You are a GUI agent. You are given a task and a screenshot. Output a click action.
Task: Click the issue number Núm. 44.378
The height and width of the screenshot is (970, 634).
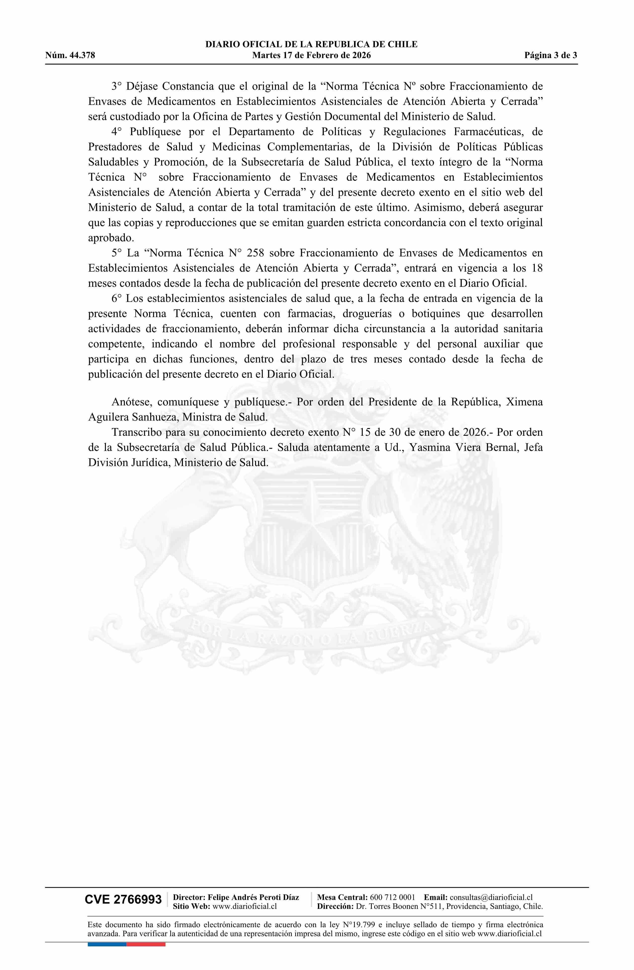[x=70, y=55]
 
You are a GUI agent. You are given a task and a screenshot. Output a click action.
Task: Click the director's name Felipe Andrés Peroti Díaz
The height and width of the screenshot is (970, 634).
[x=253, y=897]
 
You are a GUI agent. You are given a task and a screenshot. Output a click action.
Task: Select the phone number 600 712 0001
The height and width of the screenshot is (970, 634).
[x=392, y=897]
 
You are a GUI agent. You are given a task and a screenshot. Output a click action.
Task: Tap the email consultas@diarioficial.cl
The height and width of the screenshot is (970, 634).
[x=491, y=897]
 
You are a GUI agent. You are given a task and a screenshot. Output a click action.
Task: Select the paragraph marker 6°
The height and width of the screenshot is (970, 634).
[x=117, y=298]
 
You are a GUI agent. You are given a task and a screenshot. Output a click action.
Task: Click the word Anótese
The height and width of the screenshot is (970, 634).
[x=132, y=402]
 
